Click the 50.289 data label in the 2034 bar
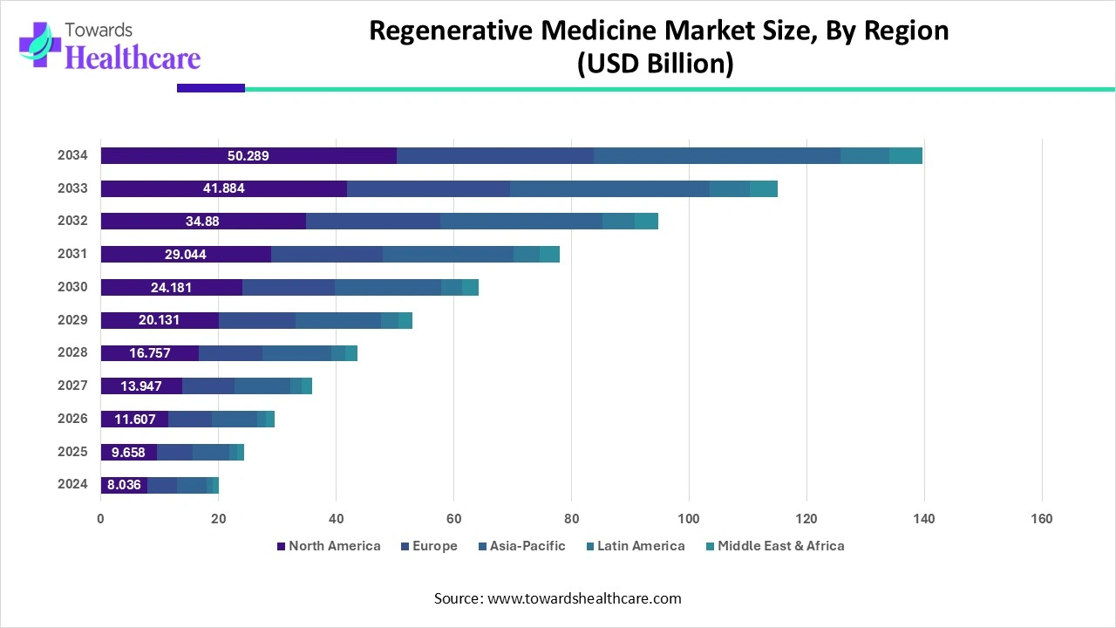click(x=248, y=156)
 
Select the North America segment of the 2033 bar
click(x=223, y=189)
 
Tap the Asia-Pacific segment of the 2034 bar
click(x=717, y=156)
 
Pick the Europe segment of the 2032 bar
click(x=373, y=222)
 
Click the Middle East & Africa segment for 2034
click(x=905, y=156)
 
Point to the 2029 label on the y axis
click(x=72, y=320)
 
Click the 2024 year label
click(x=72, y=484)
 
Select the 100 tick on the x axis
click(x=689, y=519)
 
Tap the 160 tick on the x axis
click(x=1041, y=519)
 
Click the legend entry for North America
click(x=334, y=546)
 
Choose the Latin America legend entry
click(x=641, y=546)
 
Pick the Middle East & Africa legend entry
click(x=780, y=546)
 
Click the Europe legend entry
click(x=434, y=546)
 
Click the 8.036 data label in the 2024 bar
click(x=124, y=485)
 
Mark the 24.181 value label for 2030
click(x=171, y=288)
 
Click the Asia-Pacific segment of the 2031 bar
click(x=448, y=255)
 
